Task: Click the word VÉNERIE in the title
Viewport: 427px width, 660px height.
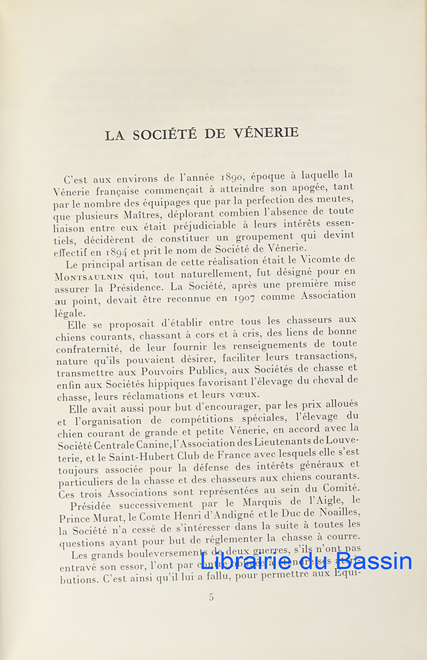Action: (266, 133)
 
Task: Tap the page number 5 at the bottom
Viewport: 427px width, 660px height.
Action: (212, 597)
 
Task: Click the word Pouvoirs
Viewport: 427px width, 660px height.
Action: (166, 370)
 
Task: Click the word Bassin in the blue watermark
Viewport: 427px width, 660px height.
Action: (374, 561)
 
